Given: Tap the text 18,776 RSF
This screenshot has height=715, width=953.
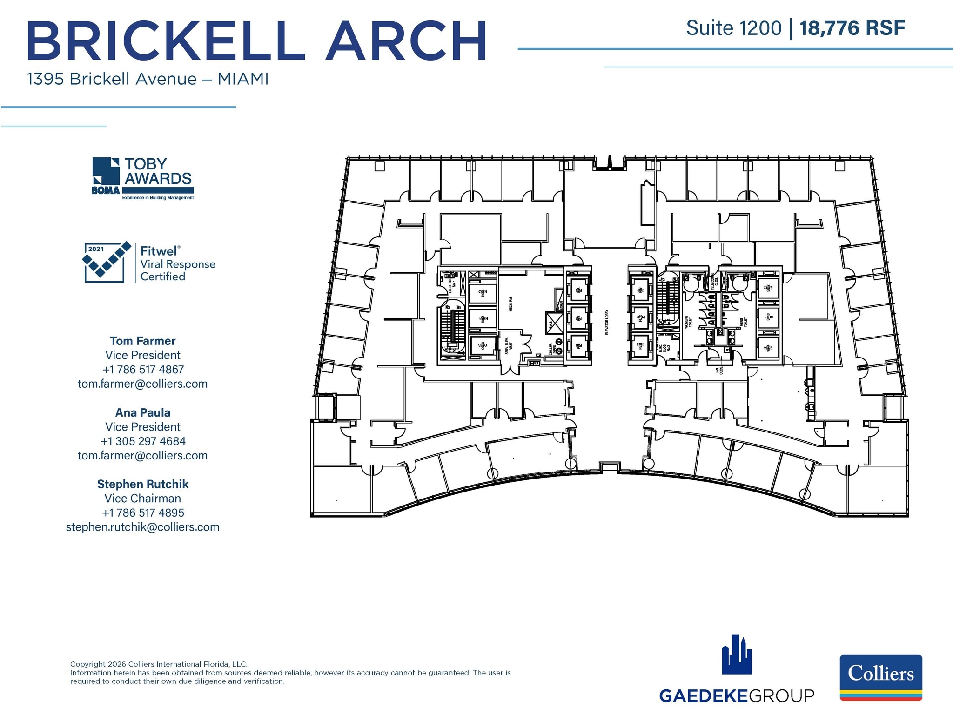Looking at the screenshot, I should click(852, 28).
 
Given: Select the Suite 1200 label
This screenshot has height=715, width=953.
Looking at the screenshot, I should click(734, 28).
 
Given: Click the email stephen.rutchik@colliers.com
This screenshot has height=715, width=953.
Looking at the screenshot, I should click(143, 527).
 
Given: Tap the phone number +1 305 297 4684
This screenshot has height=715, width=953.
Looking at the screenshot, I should click(143, 441).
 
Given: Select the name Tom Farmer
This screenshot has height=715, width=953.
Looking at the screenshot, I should click(143, 341).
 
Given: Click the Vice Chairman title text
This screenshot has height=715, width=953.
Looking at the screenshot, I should click(143, 498).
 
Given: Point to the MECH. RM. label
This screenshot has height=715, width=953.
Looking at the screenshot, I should click(511, 304).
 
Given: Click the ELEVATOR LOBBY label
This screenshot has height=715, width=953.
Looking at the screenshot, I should click(607, 322).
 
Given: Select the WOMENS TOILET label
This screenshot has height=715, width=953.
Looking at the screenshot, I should click(688, 322).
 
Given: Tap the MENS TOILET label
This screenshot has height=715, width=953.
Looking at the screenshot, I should click(743, 322).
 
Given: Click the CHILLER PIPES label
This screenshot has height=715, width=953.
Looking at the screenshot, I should click(552, 349).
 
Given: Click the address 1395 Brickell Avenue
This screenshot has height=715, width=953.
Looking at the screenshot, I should click(112, 79).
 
